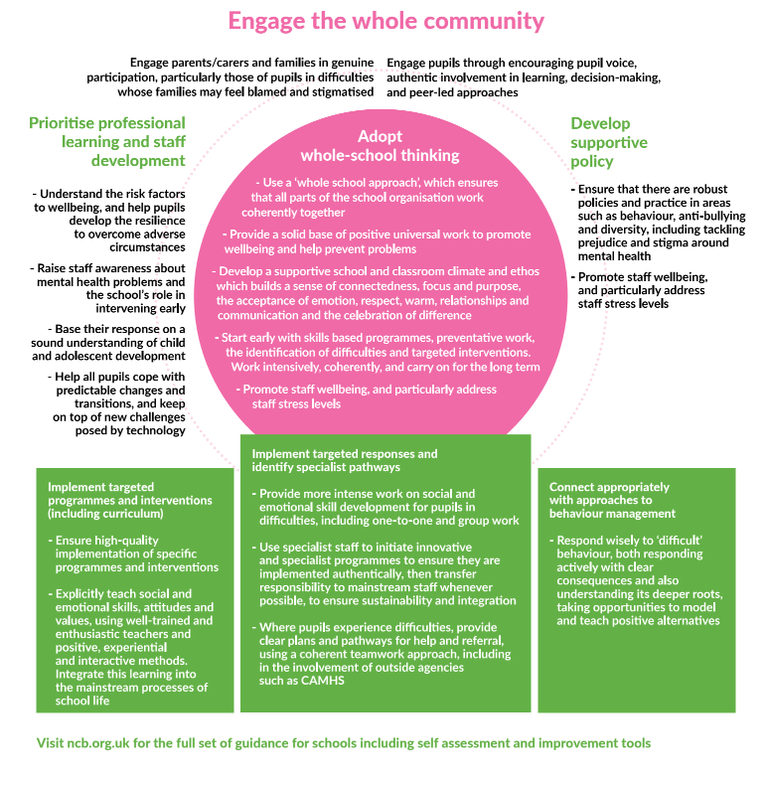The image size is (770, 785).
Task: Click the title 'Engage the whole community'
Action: click(x=385, y=21)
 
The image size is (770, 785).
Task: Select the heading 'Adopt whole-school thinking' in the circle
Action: click(x=381, y=146)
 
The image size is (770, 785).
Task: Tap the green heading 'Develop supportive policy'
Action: click(x=608, y=142)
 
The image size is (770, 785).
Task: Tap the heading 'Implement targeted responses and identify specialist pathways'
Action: click(x=345, y=460)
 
